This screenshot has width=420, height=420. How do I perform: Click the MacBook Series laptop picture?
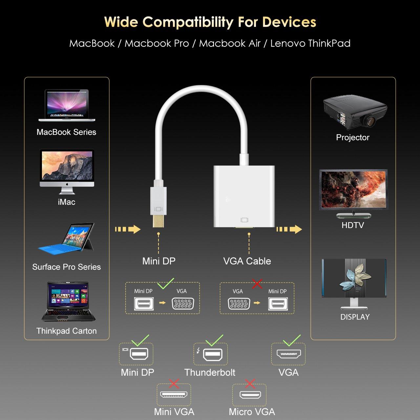[67, 105]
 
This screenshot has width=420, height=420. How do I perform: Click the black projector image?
[355, 113]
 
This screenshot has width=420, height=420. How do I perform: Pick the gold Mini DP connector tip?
[158, 221]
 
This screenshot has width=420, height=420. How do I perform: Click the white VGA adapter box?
[244, 196]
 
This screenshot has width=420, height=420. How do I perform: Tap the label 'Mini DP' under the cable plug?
[159, 261]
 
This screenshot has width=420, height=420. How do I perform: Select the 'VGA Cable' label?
[247, 261]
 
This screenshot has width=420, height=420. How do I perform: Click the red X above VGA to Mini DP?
[257, 283]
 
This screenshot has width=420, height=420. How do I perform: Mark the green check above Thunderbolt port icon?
[215, 340]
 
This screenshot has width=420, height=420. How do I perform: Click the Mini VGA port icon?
[174, 394]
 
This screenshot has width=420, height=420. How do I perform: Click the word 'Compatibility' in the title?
[188, 22]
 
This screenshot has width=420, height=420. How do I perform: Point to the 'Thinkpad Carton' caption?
[67, 331]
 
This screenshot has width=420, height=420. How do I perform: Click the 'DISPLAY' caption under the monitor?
[355, 317]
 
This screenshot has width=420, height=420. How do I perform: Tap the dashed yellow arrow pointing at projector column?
[289, 229]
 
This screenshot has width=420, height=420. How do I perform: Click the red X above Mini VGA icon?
[174, 383]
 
